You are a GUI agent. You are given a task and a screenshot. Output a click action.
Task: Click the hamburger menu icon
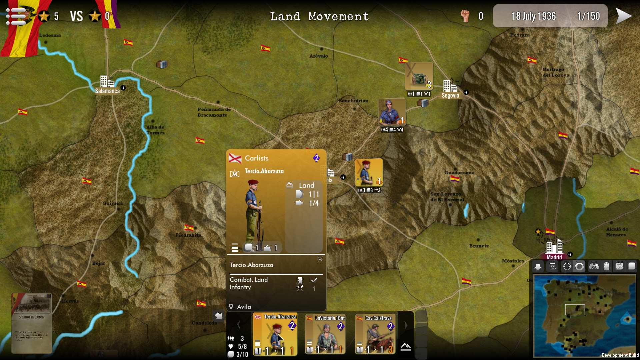[15, 16]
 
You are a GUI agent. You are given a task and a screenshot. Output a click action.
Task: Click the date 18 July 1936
[533, 16]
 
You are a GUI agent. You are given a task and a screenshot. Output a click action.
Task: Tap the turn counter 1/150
[588, 16]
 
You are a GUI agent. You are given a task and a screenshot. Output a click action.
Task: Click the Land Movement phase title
[319, 16]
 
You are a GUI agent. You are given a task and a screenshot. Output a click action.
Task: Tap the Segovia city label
[450, 96]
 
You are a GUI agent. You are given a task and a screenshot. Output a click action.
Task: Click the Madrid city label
[554, 257]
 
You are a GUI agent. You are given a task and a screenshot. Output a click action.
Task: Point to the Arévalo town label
[318, 56]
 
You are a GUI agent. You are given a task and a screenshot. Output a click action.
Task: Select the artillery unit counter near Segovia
[419, 76]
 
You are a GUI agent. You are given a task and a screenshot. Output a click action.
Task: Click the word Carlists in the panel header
[256, 158]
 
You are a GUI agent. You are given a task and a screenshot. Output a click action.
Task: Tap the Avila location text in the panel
[244, 307]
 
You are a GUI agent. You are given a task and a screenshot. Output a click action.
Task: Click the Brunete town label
[479, 246]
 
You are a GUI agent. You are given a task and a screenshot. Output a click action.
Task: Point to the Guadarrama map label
[459, 173]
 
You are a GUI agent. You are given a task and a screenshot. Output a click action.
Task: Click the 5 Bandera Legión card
[32, 323]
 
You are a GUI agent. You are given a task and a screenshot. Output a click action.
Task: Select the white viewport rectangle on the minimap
[575, 310]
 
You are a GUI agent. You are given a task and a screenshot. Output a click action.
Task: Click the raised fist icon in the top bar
[465, 16]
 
